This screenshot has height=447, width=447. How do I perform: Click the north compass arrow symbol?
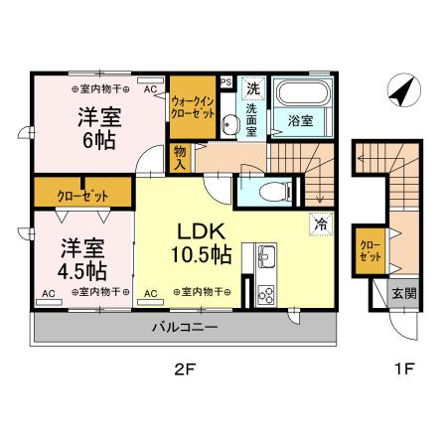400,92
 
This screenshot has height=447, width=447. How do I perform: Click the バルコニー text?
184,325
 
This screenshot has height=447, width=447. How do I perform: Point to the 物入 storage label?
181,158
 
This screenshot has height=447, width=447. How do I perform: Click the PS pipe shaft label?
226,82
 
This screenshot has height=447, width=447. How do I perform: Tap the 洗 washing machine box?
253,86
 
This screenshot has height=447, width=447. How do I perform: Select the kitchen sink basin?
266,258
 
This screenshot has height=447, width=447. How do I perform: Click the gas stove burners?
266,293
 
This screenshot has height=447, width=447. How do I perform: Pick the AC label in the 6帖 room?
151,88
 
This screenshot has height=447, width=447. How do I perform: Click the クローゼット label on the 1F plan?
368,248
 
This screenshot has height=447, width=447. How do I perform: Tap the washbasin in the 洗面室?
230,125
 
